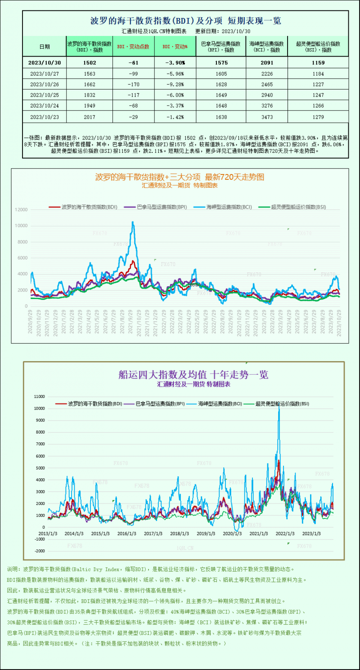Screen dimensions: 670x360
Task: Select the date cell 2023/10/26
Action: (44, 84)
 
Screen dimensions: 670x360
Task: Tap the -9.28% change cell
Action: (175, 84)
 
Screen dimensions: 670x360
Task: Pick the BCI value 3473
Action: (266, 116)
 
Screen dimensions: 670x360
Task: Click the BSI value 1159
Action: (317, 63)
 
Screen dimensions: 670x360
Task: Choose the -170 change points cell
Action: (133, 84)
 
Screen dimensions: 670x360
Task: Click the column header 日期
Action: (44, 46)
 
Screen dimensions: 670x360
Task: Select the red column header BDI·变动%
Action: (175, 46)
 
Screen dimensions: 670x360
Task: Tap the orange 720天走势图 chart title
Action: (180, 177)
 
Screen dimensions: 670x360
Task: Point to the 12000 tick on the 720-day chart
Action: (21, 210)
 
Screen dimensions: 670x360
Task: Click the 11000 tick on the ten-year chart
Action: (40, 397)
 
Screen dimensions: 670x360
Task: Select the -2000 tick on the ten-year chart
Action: (40, 551)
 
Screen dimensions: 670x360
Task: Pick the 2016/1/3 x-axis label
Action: (127, 533)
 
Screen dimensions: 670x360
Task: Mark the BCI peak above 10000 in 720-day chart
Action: (132, 222)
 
